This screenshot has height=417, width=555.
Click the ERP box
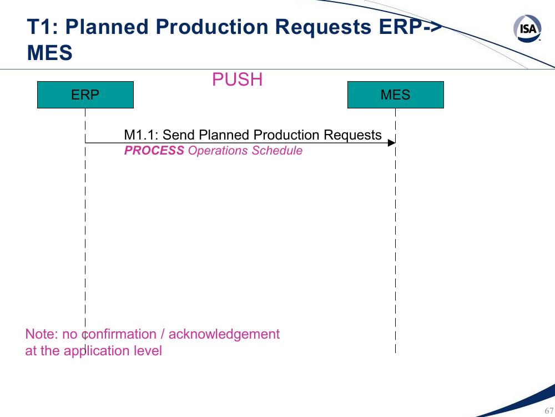(x=85, y=95)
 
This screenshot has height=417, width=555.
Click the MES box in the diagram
(x=395, y=95)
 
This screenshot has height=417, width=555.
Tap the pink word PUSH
(x=237, y=79)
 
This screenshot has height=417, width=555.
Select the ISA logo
(x=527, y=28)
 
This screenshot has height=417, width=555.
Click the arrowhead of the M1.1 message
(x=391, y=143)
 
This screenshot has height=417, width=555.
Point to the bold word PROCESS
(x=154, y=150)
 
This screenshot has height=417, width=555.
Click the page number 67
(x=549, y=411)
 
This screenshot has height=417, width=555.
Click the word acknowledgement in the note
(x=224, y=334)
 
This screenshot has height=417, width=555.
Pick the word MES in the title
(x=49, y=52)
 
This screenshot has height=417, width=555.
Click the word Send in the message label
(x=178, y=135)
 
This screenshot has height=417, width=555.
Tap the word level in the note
(x=148, y=351)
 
